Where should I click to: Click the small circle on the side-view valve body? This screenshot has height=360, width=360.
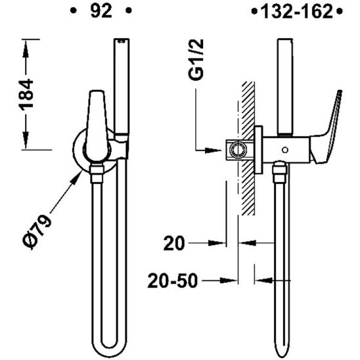(x=284, y=148)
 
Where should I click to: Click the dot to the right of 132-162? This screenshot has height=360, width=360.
(x=339, y=11)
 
